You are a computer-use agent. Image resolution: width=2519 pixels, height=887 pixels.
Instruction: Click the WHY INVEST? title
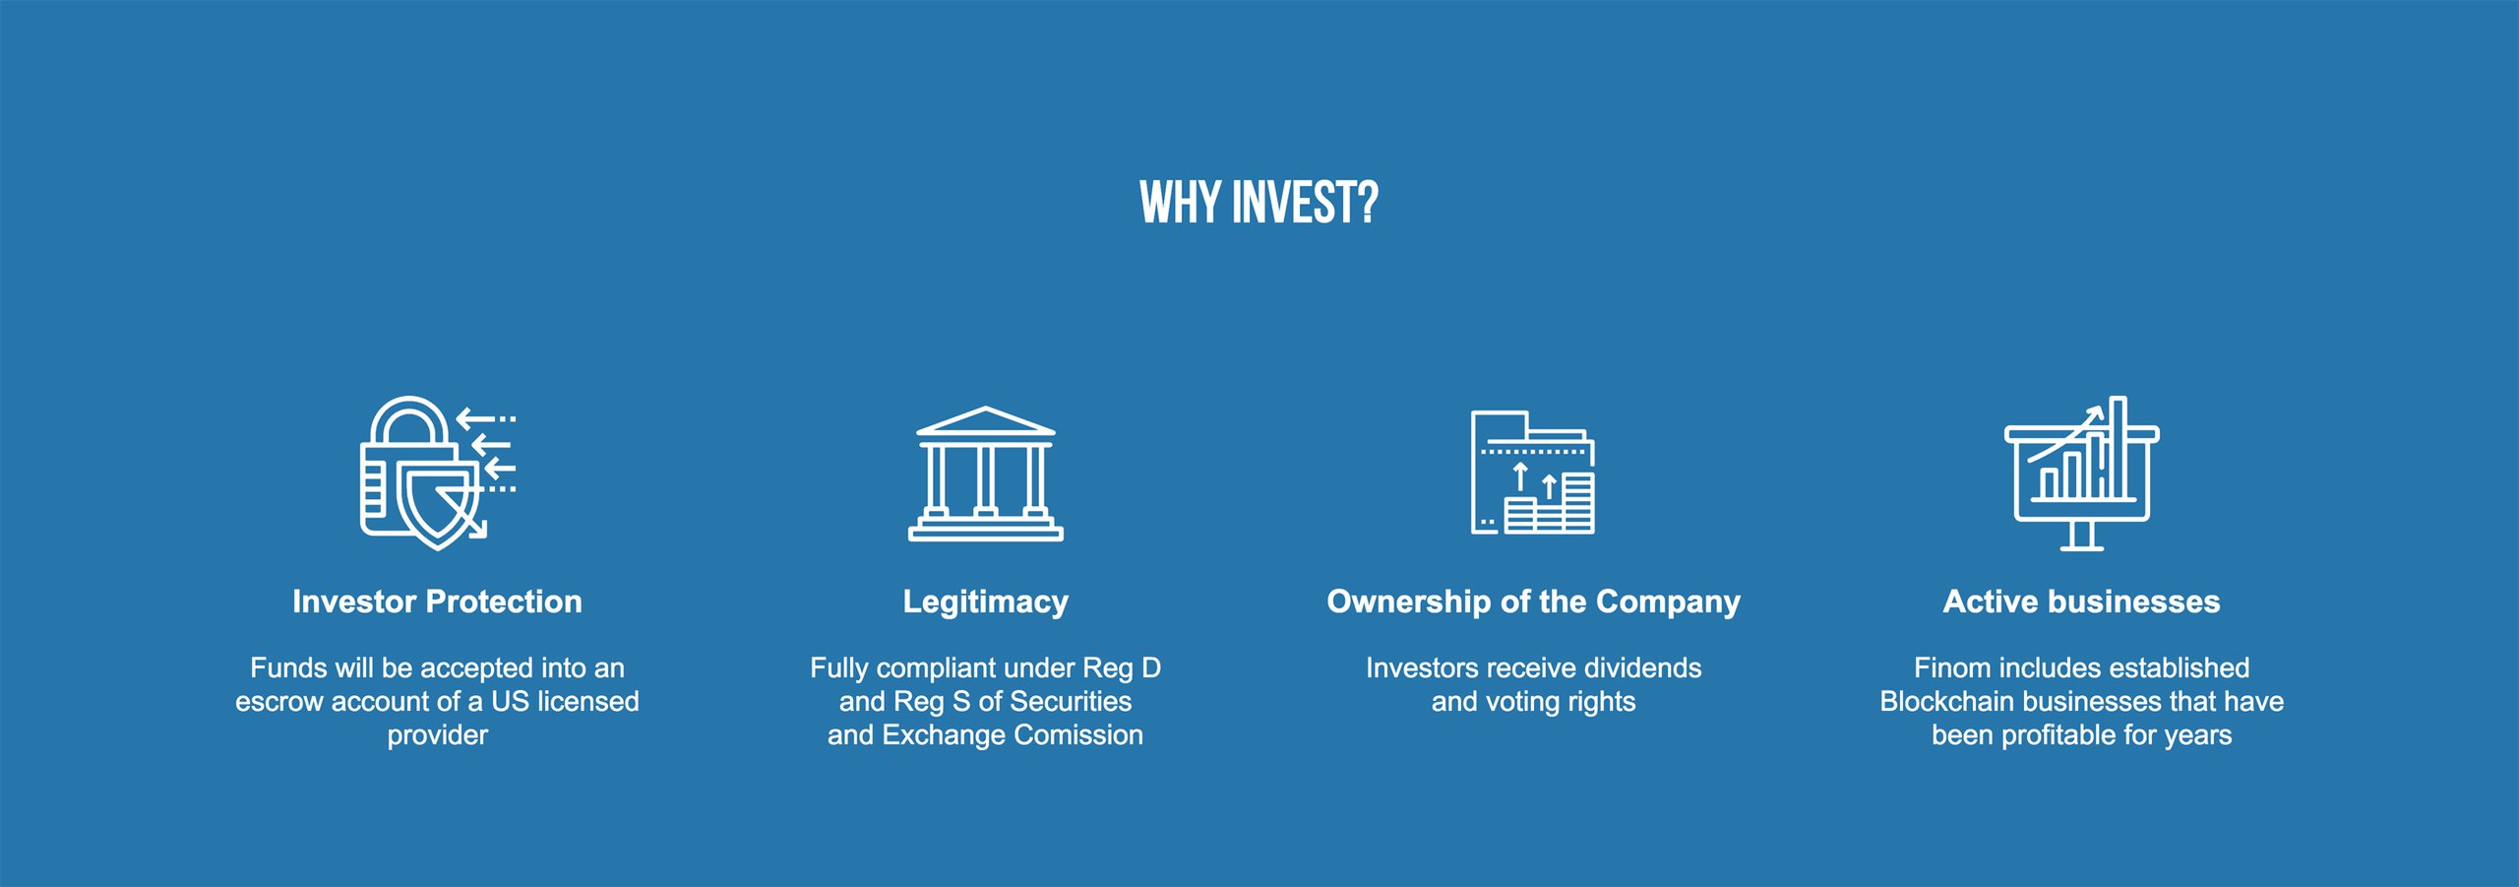(1259, 203)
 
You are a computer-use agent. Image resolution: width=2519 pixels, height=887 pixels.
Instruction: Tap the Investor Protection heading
(437, 602)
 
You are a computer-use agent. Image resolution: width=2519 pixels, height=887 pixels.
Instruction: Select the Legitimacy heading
(986, 602)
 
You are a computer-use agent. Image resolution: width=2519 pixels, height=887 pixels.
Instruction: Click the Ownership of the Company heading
(1533, 602)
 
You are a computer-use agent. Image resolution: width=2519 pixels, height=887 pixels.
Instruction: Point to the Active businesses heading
(2081, 602)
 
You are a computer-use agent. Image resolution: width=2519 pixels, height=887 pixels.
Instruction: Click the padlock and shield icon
(437, 473)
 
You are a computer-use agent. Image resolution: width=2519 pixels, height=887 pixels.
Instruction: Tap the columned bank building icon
(986, 474)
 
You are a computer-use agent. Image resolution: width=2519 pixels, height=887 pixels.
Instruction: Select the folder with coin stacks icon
(1533, 473)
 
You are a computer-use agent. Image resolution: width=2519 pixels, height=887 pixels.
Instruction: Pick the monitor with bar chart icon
(2081, 473)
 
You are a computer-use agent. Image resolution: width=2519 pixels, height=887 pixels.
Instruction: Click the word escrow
(279, 702)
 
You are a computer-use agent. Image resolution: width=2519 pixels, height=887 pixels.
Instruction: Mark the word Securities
(1071, 702)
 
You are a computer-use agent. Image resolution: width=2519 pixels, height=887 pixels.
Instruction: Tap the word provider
(437, 736)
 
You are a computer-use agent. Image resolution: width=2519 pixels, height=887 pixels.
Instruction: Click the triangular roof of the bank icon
(986, 421)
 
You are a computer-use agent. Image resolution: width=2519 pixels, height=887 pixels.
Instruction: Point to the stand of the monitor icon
(2081, 537)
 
